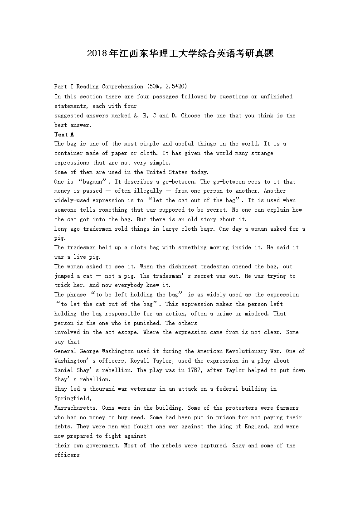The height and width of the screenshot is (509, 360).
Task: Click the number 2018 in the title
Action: [x=96, y=54]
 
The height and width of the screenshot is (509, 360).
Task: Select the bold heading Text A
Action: [x=64, y=135]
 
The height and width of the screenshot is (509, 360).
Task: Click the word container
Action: [x=69, y=153]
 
